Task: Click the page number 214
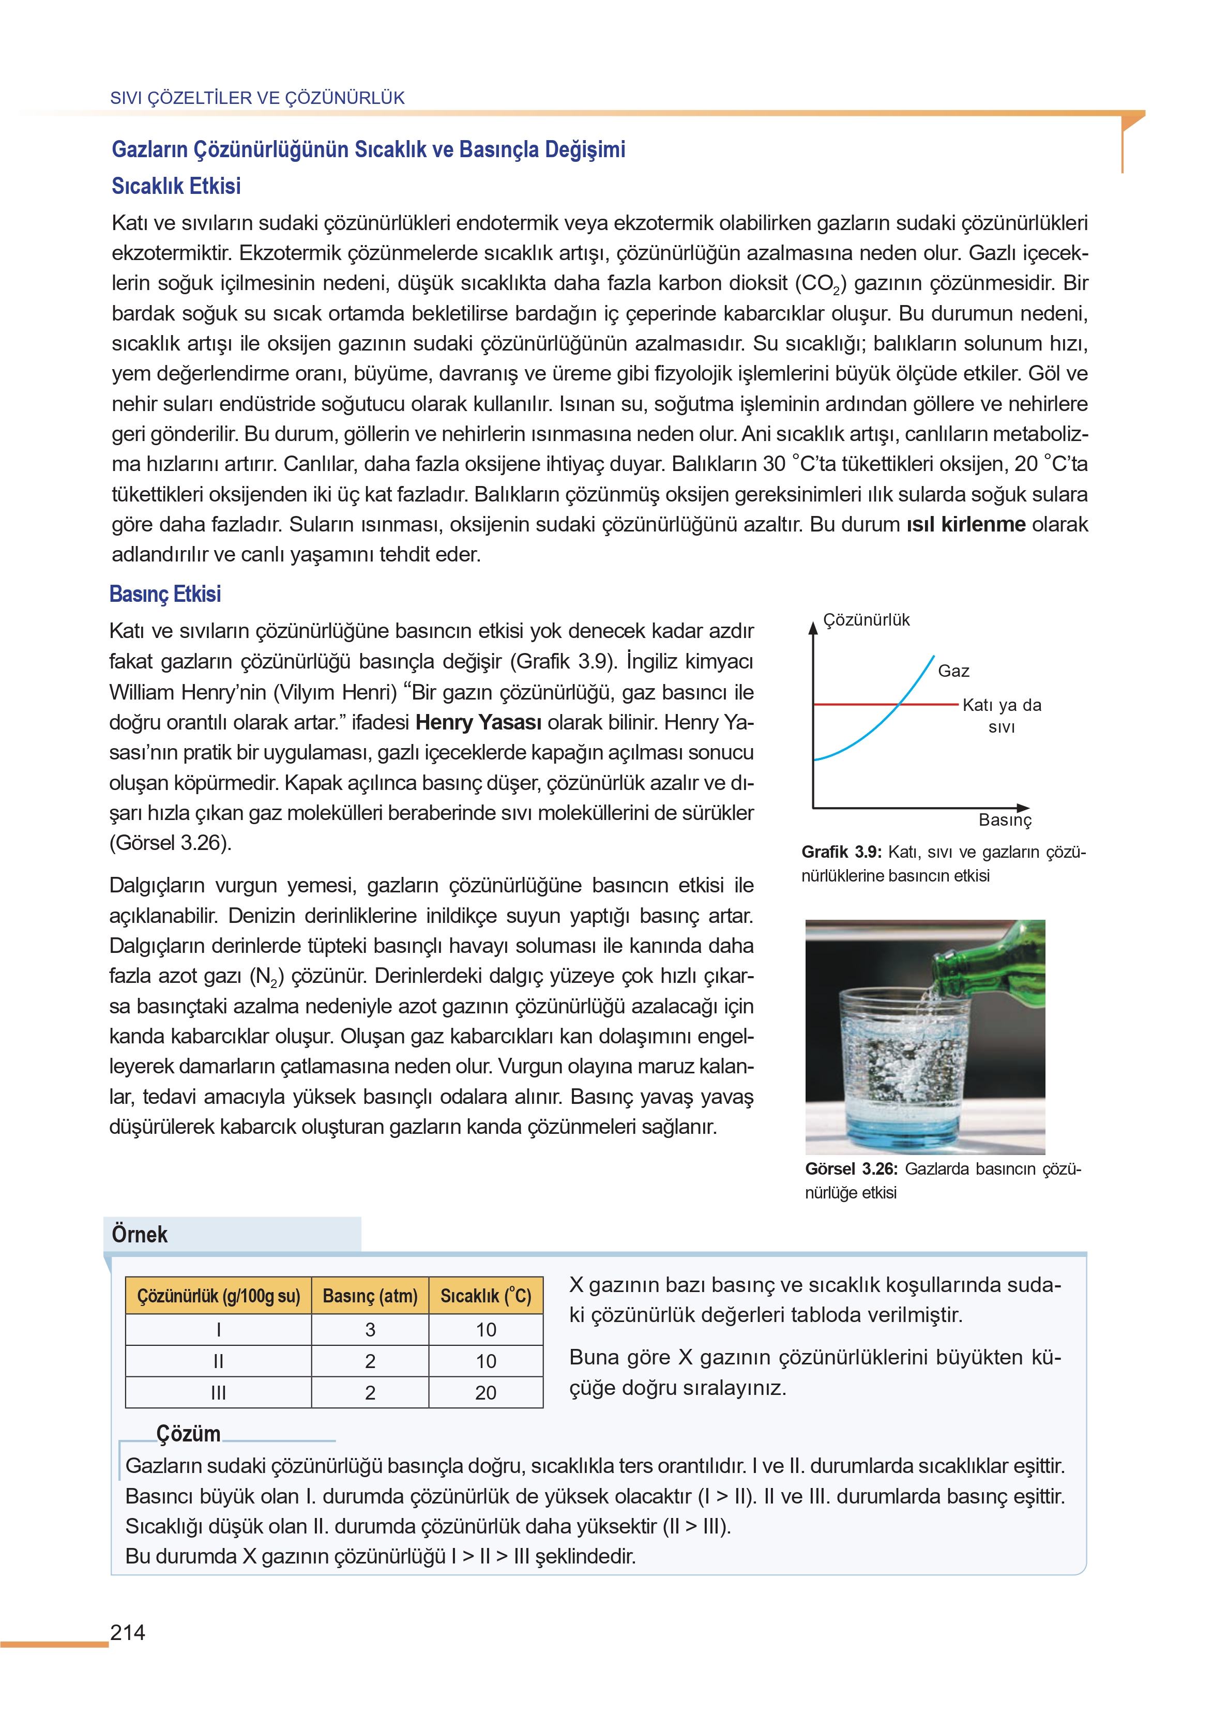click(128, 1632)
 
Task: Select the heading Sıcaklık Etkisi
click(176, 186)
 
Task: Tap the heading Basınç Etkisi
click(165, 594)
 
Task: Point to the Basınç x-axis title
click(1004, 820)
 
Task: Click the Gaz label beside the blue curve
click(953, 671)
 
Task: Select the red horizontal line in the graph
click(855, 705)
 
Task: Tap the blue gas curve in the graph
click(870, 733)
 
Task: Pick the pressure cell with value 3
click(370, 1330)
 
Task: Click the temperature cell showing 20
click(486, 1392)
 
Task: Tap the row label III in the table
click(219, 1392)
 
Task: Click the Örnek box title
click(140, 1235)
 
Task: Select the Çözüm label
click(188, 1433)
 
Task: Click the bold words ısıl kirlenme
click(966, 525)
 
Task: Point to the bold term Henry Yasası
click(478, 723)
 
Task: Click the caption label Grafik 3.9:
click(841, 852)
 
